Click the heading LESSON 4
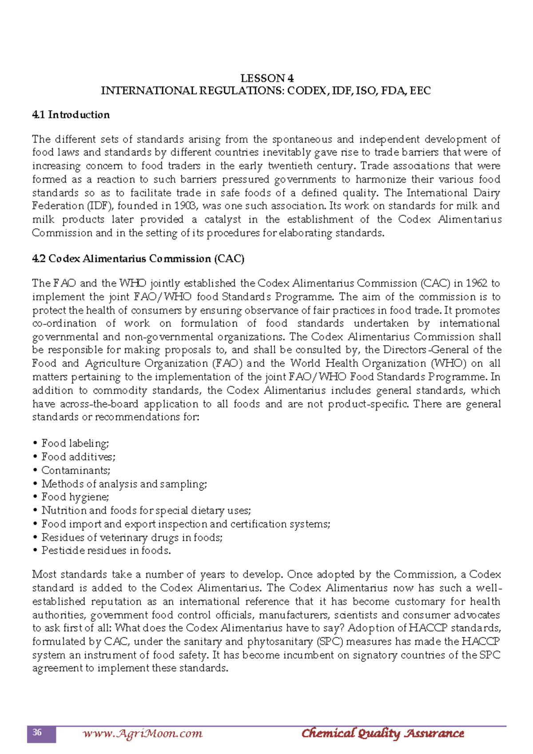point(266,79)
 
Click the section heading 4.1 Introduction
point(71,115)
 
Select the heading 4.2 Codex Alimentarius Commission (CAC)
point(138,259)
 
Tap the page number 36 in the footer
point(37,733)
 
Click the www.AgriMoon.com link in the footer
point(142,734)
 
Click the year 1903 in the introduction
point(184,206)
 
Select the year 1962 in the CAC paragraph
point(476,283)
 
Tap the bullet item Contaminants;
point(76,470)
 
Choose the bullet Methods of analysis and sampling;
point(124,484)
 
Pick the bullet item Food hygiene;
point(75,497)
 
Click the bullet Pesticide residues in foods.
point(106,551)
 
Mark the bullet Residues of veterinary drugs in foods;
point(132,537)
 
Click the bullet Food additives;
point(78,457)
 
